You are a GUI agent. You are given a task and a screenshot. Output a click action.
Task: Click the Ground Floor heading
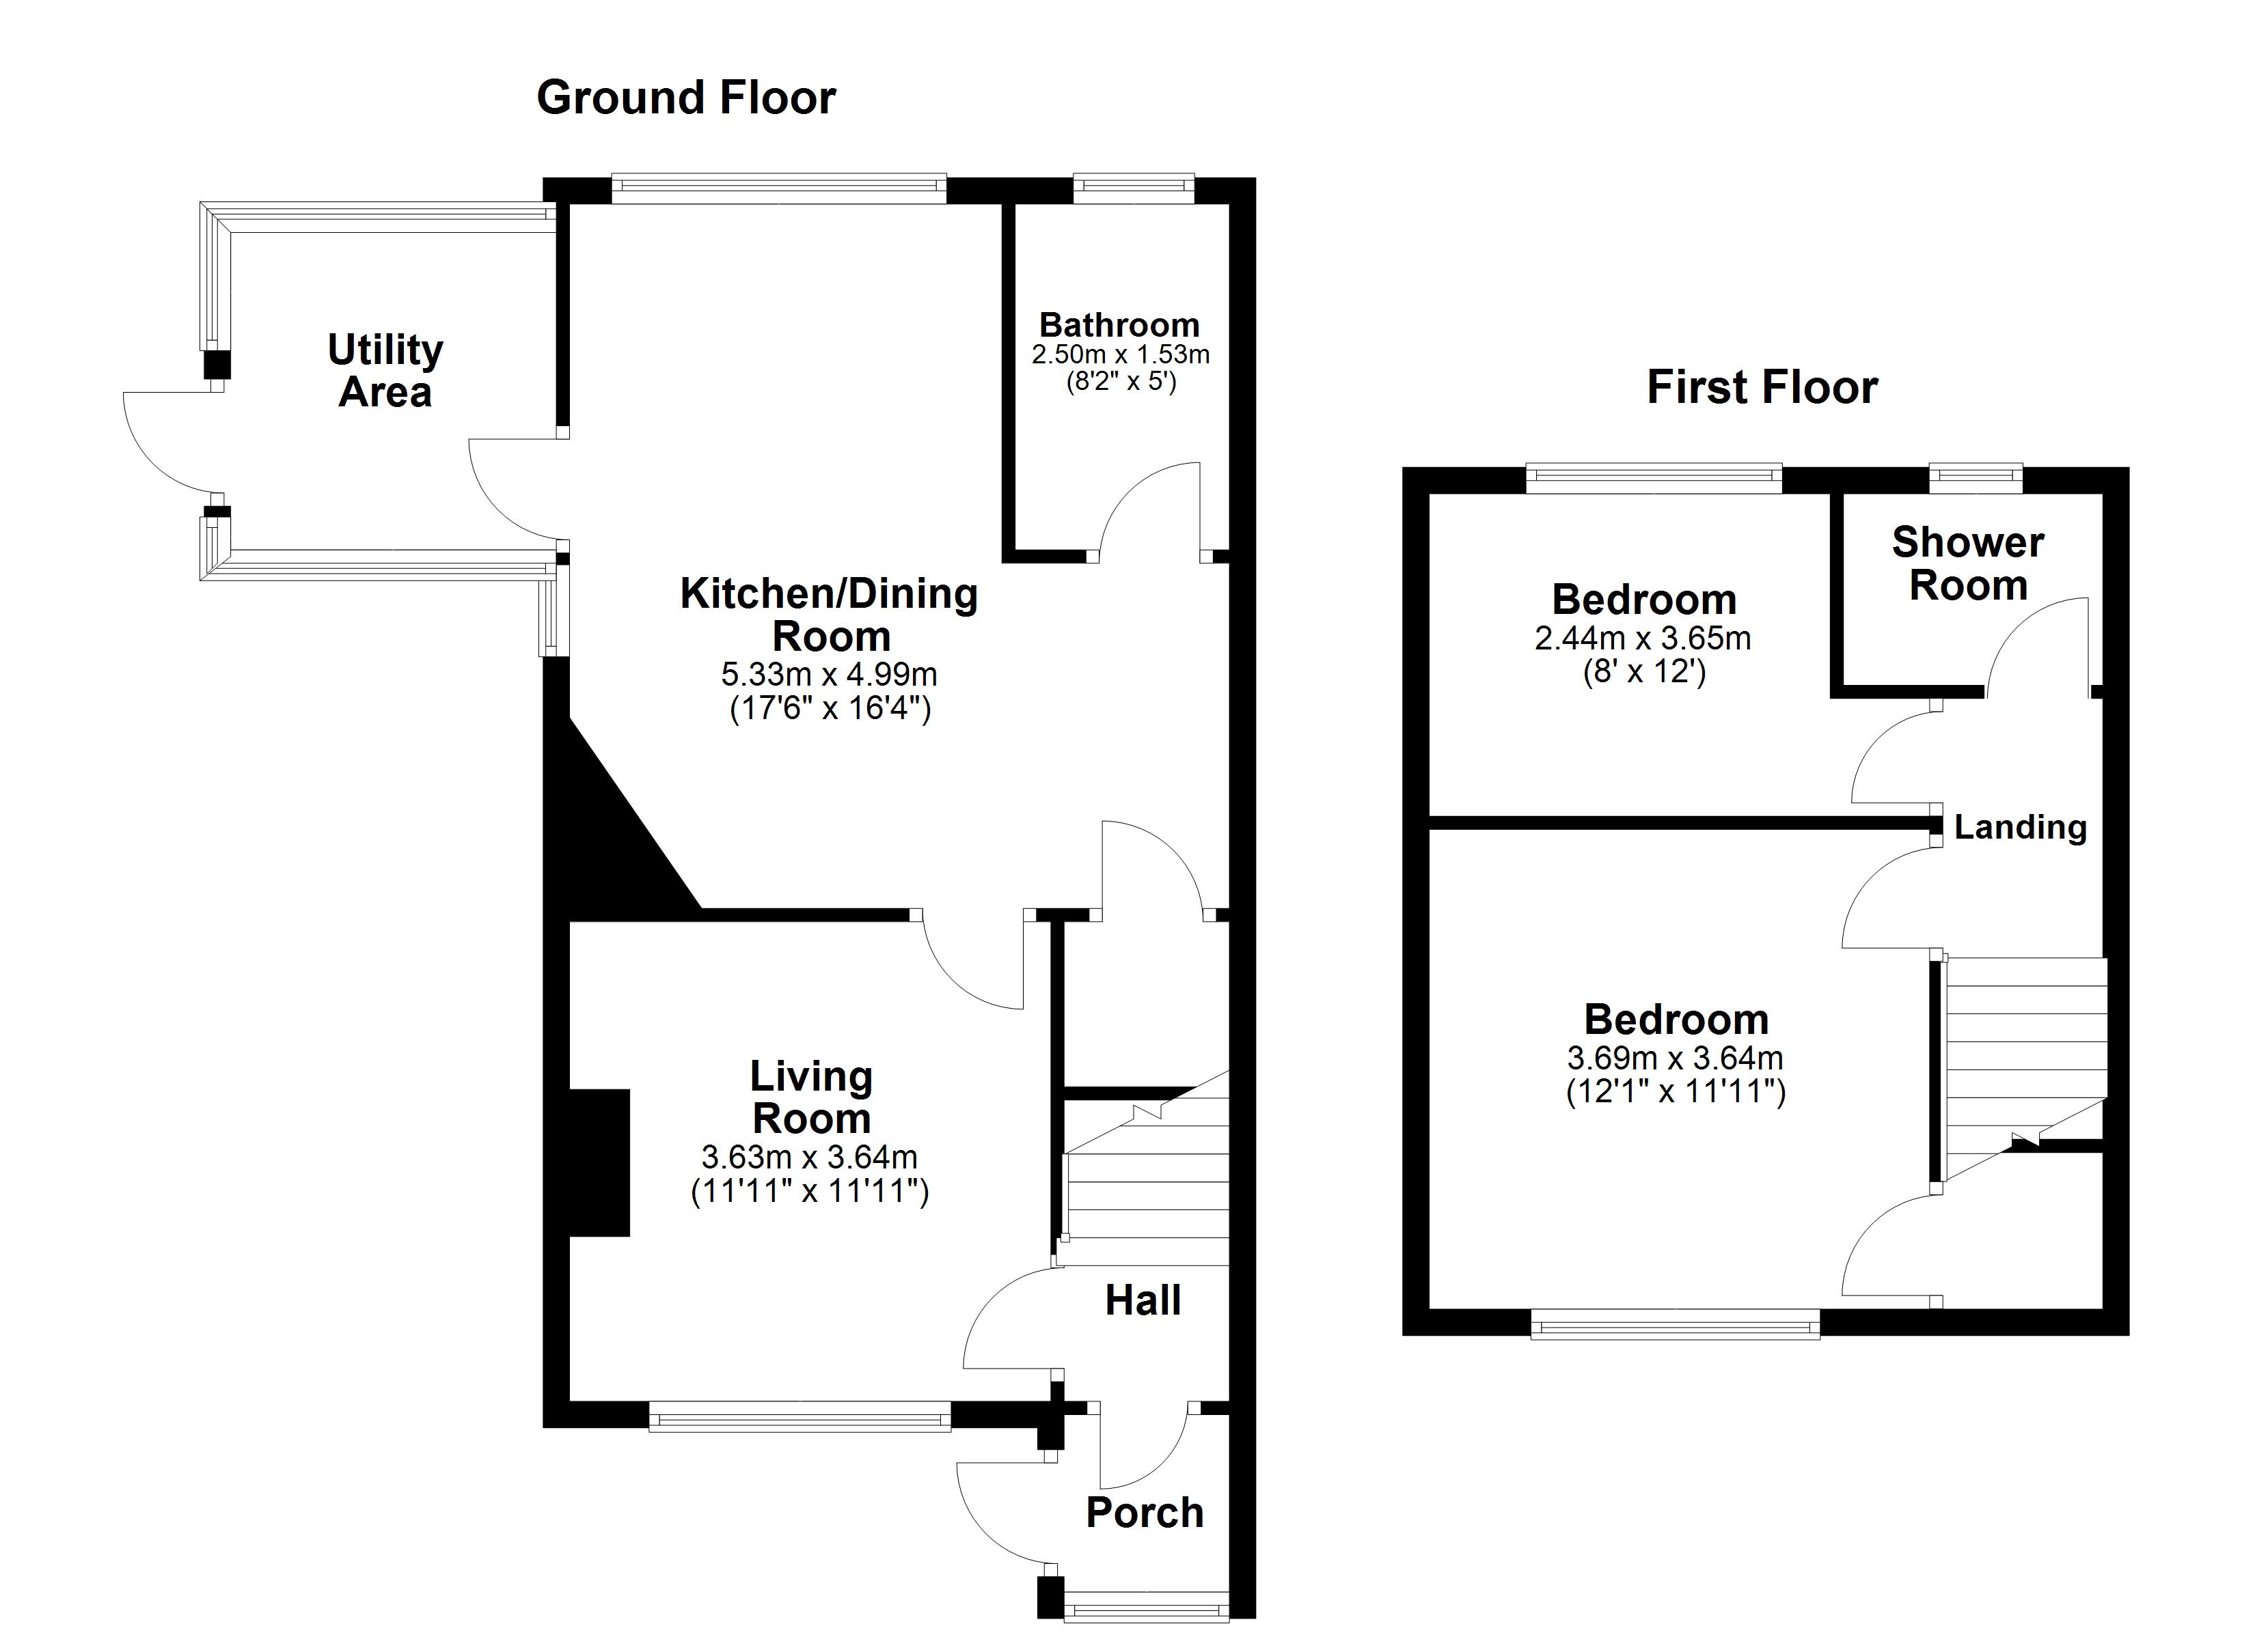pos(686,98)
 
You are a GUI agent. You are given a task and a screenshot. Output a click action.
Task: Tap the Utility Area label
pos(385,371)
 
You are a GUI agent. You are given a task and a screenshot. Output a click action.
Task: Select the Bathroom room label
pos(1119,325)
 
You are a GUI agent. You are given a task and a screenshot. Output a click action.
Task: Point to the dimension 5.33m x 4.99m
pos(828,675)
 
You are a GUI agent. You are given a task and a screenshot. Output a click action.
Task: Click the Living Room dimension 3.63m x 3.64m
pos(809,1157)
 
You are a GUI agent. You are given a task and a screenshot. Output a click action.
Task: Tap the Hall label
pos(1143,1300)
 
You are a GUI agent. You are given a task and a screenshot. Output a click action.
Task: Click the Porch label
pos(1145,1513)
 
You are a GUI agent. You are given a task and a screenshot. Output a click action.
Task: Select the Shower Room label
pos(1967,563)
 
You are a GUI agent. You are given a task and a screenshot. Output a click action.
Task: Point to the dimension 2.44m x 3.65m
pos(1643,638)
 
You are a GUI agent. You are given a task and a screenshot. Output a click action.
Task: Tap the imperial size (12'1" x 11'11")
pos(1676,1093)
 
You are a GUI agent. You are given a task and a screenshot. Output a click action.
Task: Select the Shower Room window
pos(1975,479)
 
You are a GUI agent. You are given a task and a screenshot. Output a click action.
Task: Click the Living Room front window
pos(799,1416)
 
